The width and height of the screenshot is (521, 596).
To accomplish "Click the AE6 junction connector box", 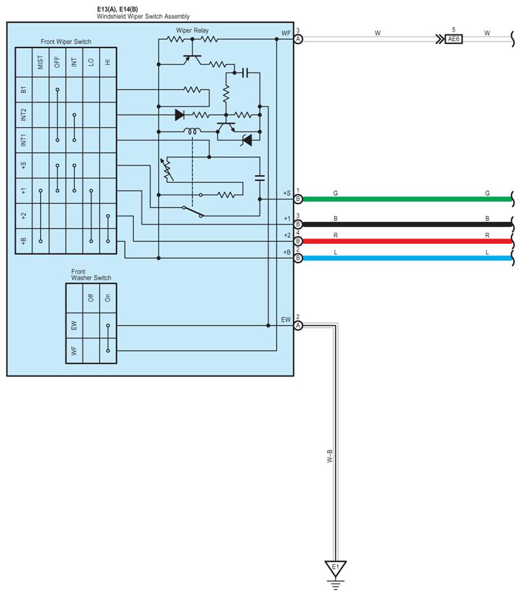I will [x=454, y=39].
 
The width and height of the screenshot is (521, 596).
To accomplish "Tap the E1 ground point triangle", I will [x=335, y=568].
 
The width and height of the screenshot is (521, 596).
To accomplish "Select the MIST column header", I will [x=40, y=63].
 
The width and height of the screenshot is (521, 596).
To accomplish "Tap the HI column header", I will [x=108, y=63].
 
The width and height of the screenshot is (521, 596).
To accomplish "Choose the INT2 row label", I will [x=23, y=115].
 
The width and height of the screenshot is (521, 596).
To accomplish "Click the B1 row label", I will [x=23, y=90].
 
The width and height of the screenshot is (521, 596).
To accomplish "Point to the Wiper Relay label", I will [x=192, y=30].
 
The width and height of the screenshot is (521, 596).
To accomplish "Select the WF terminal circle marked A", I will [x=298, y=39].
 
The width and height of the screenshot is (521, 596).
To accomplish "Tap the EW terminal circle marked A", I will [x=298, y=326].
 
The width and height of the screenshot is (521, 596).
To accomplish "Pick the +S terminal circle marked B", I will [x=298, y=199].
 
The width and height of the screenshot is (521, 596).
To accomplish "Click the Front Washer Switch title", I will [x=91, y=274].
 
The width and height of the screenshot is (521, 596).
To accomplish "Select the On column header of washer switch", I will [x=108, y=298].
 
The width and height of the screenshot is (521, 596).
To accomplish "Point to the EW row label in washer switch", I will [x=74, y=326].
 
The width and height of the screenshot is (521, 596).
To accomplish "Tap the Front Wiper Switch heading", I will [x=65, y=42].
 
